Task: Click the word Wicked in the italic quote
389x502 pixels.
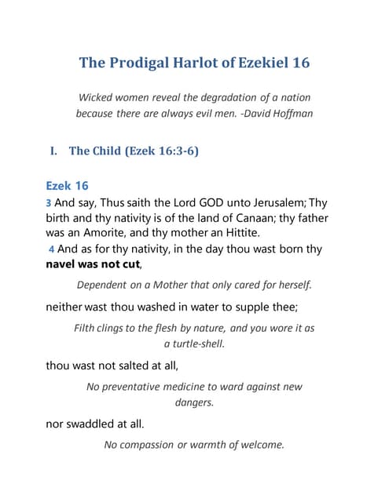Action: click(x=97, y=97)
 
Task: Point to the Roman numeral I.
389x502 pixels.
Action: click(x=54, y=151)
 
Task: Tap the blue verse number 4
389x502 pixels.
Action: click(x=51, y=249)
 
